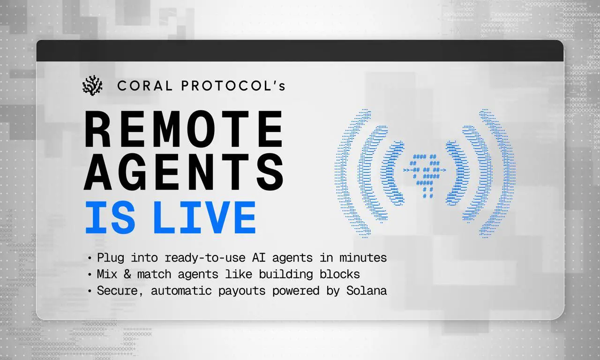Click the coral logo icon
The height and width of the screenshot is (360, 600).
tap(92, 85)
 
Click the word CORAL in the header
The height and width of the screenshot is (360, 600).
tap(145, 86)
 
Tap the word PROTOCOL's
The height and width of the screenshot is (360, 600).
tap(233, 86)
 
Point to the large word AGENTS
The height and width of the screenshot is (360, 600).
tap(184, 172)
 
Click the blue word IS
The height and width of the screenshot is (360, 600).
tap(110, 217)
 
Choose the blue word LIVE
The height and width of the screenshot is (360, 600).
tap(205, 217)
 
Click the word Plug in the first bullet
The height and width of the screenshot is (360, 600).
tap(111, 258)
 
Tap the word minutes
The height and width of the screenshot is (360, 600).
tap(363, 258)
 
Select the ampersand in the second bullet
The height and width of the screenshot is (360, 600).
tap(127, 274)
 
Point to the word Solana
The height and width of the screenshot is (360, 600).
tap(367, 291)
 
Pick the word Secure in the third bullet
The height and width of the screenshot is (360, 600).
tap(118, 291)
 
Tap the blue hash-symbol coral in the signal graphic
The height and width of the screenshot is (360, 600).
tap(425, 176)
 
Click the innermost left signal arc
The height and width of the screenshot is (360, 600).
tap(386, 173)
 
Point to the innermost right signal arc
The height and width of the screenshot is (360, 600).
tap(464, 173)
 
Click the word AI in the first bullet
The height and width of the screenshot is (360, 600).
tap(259, 258)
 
